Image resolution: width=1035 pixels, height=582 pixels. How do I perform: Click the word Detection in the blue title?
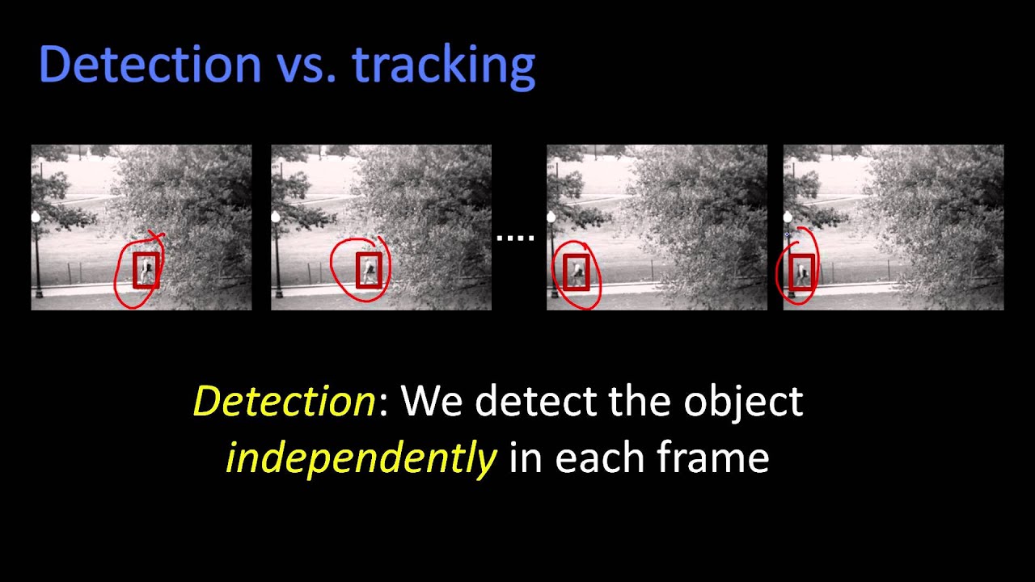click(x=150, y=65)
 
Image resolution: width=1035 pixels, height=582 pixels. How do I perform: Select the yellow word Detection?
click(x=284, y=401)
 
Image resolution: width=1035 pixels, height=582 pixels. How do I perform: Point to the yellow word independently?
click(x=361, y=459)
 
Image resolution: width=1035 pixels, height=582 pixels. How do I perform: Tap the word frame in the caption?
click(x=712, y=458)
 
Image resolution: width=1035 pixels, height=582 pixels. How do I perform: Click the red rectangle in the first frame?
click(x=146, y=271)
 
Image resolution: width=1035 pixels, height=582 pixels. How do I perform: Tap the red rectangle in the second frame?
click(x=369, y=270)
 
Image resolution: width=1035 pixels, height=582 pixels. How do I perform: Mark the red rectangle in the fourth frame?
click(x=802, y=271)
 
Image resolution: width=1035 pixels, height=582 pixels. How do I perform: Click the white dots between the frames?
click(x=515, y=238)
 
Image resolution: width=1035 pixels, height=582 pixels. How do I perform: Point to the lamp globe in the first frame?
click(x=36, y=217)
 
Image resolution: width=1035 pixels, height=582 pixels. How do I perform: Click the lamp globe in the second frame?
click(x=276, y=217)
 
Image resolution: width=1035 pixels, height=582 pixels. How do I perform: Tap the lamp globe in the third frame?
click(x=551, y=217)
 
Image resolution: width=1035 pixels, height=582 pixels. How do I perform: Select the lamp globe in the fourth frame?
click(x=788, y=217)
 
